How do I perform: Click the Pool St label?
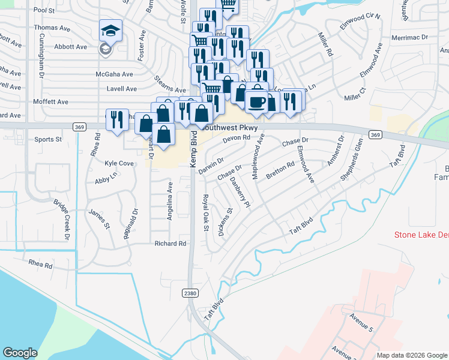click(44, 10)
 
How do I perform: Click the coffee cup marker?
click(256, 101)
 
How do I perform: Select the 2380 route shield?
click(188, 292)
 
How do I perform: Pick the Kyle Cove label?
click(119, 163)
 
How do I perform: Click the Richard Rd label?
click(170, 244)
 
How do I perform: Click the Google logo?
click(20, 353)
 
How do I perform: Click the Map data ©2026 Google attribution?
click(411, 355)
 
